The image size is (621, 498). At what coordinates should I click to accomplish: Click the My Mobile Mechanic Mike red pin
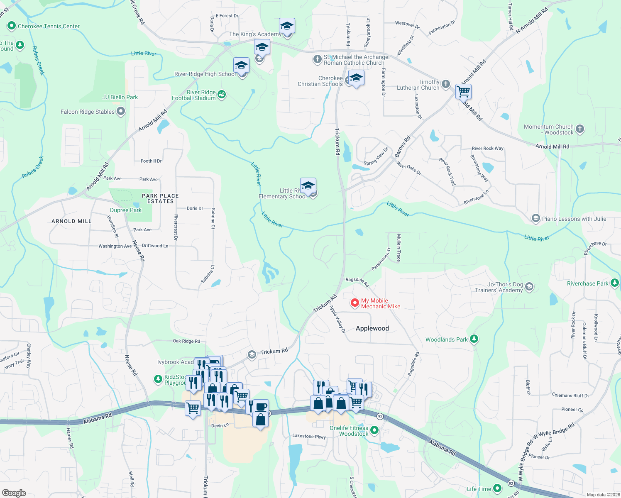355,303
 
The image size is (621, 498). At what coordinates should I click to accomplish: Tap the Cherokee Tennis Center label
49,26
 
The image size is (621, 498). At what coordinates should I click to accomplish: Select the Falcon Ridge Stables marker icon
121,111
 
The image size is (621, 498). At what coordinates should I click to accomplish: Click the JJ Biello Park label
120,97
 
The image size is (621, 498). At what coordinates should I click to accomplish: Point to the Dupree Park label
126,210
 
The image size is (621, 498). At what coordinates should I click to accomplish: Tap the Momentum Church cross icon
580,129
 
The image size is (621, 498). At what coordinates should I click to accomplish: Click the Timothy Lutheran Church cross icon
446,84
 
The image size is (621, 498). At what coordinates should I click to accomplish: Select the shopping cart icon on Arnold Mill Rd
463,91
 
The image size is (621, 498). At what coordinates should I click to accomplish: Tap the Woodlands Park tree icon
474,339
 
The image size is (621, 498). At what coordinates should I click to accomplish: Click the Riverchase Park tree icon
615,283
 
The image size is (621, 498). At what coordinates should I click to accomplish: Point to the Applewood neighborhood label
372,328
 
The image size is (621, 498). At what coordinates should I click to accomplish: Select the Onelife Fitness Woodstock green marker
374,430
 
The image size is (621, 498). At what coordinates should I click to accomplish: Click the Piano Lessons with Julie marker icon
536,218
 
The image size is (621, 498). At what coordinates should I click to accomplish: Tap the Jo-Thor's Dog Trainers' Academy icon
529,286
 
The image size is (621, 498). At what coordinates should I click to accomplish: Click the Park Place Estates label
160,198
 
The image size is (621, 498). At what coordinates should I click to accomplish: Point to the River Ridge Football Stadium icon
222,95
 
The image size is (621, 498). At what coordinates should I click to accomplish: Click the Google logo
14,493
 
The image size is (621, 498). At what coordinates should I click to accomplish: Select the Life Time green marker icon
497,488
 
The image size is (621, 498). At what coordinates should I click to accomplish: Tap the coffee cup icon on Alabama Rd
261,406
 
